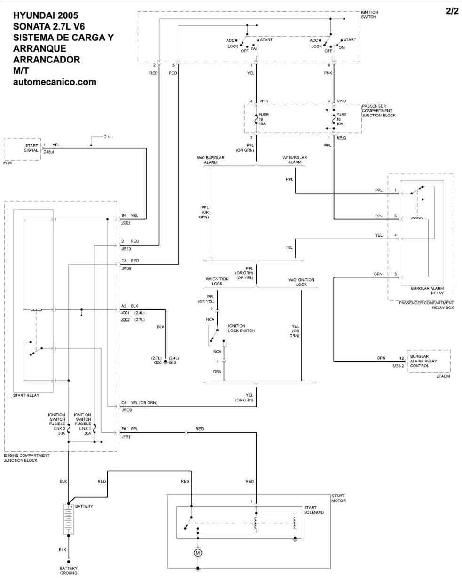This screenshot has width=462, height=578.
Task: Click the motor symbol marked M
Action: coord(197,553)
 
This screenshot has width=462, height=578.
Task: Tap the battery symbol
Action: coord(69,519)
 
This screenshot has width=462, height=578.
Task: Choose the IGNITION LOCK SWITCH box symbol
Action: coord(217,335)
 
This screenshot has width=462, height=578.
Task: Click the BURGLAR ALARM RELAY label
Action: coord(427,290)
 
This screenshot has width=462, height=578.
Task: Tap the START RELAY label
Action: coord(26,395)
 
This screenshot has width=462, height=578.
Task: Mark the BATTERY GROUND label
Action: coord(69,570)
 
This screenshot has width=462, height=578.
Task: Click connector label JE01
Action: coord(125,436)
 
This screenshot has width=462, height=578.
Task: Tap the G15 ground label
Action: coord(172,362)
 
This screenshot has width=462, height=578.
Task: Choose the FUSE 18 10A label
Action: coord(341,119)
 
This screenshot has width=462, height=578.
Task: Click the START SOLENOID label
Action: coord(313,509)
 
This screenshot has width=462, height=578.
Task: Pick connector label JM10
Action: coord(125,249)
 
